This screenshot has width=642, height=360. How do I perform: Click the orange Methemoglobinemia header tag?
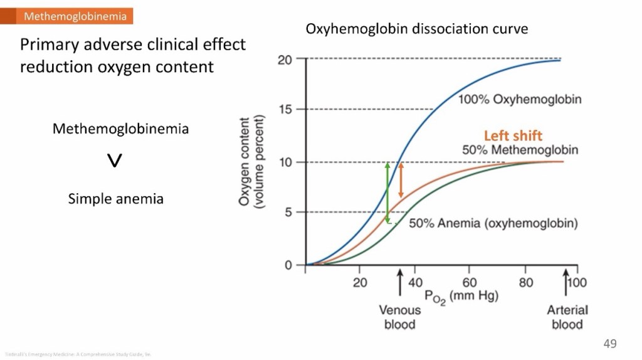pos(75,16)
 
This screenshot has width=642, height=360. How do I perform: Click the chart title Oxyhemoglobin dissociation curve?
pos(416,29)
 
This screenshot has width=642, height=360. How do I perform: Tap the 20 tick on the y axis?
pos(285,60)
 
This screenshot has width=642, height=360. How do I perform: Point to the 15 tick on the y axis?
pos(285,110)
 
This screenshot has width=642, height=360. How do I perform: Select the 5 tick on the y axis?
pos(288,213)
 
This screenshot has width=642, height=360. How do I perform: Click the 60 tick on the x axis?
pos(470,283)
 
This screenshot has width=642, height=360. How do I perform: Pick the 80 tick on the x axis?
pos(525,283)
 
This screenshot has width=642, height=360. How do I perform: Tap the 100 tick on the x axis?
pos(577,283)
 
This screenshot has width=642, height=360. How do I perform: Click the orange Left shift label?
pos(513,135)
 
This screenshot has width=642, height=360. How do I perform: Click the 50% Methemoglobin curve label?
pos(520,150)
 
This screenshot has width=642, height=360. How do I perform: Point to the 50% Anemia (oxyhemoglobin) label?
pos(493,224)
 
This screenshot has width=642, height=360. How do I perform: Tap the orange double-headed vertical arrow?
pos(401,183)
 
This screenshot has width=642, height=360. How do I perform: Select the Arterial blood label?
pos(567,317)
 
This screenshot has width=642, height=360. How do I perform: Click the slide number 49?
pos(610,343)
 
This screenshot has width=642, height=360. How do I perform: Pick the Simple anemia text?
pos(116,199)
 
